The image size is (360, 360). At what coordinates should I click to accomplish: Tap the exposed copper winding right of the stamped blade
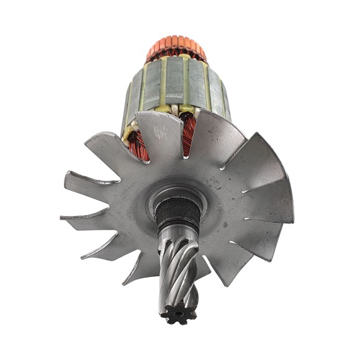(x=189, y=134)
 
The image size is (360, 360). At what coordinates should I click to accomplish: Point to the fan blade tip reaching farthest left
(x=62, y=218)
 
